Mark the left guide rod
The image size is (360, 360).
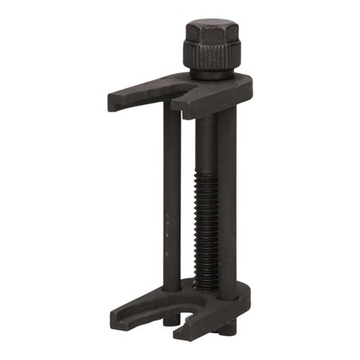click(x=171, y=199)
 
